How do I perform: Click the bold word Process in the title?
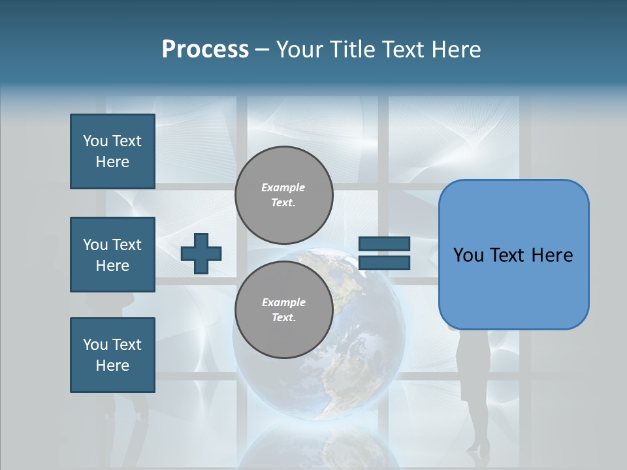click(205, 50)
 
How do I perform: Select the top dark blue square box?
click(112, 151)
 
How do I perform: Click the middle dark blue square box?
click(112, 255)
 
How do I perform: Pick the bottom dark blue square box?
click(112, 355)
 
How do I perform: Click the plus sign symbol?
click(201, 253)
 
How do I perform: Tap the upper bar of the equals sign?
click(384, 244)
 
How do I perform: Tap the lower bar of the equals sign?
click(384, 263)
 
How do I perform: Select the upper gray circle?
click(283, 195)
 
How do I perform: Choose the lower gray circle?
click(283, 309)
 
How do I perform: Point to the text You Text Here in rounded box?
click(513, 255)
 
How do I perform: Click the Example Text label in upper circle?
click(283, 195)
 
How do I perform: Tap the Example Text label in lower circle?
click(283, 310)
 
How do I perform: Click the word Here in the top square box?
click(112, 163)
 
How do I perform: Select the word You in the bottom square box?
click(95, 345)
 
